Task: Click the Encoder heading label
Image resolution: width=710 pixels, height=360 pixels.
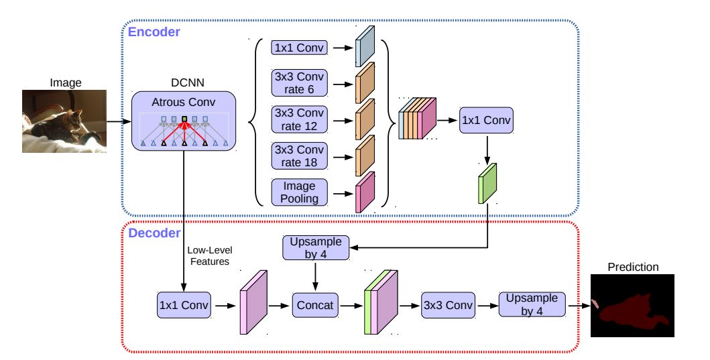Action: pos(154,31)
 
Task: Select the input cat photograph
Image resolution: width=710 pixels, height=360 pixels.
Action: pos(65,121)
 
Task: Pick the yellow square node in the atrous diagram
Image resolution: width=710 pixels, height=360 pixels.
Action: pos(184,120)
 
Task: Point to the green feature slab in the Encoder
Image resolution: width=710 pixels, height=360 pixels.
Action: pos(489,182)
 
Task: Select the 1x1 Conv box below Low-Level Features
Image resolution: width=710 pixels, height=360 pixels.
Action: pos(183,305)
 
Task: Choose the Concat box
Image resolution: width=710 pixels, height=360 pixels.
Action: pos(315,305)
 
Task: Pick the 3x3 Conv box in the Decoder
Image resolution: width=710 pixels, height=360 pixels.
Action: pos(447,305)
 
